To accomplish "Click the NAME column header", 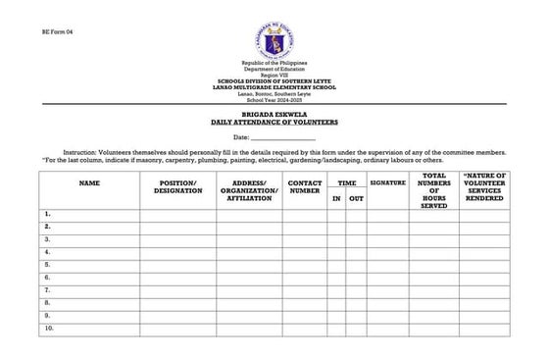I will point(89,182).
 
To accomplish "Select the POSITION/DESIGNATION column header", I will point(177,186).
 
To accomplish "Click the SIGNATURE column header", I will point(387,182).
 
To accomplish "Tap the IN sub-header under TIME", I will point(335,199).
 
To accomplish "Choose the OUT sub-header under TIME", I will point(356,199).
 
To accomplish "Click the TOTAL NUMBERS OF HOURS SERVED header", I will point(433,191).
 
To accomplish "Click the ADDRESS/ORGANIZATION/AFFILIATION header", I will point(249,190).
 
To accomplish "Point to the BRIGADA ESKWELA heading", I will point(274,116).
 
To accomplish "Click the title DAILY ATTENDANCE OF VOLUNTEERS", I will point(274,123).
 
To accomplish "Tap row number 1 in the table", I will point(47,214).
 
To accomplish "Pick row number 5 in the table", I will point(47,265).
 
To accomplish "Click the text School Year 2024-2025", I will point(274,101).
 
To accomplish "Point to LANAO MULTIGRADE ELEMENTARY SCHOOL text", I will point(274,88).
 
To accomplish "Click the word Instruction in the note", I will point(82,154).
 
